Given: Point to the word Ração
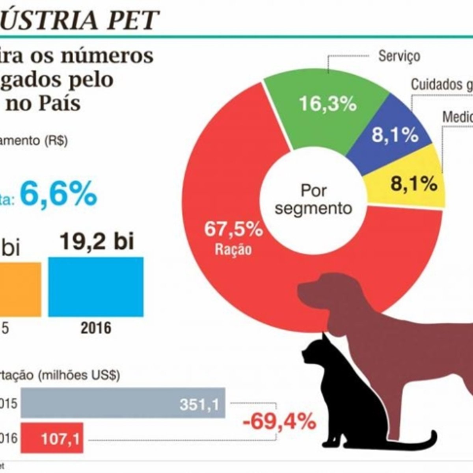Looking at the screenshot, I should coord(233,249).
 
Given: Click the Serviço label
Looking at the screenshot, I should coord(399,56).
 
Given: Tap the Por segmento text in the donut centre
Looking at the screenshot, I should coord(313,199).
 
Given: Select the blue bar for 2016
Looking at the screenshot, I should coord(96,287).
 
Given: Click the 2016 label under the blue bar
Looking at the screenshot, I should coord(96,328).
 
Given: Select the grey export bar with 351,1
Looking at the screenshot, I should coord(123,402).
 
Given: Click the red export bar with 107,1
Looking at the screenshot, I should coord(52,438).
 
